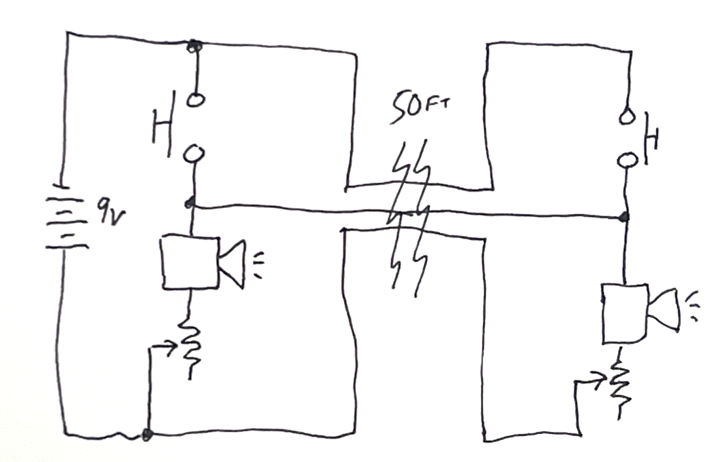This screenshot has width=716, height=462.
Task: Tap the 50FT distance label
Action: click(420, 108)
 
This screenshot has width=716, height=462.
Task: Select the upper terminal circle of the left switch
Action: click(195, 100)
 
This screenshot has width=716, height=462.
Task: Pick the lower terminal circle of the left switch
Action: click(194, 154)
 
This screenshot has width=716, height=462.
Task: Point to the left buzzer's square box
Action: click(190, 263)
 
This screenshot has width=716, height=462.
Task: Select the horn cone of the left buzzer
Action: click(233, 264)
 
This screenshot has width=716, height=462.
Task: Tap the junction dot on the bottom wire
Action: click(147, 434)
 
